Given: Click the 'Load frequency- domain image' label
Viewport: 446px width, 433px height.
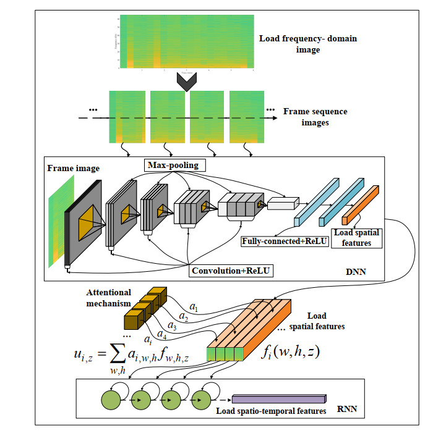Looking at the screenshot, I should tap(308, 44).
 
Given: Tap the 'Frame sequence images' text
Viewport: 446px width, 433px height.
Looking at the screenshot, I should tap(315, 117).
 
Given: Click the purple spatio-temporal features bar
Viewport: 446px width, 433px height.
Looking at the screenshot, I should tap(278, 400).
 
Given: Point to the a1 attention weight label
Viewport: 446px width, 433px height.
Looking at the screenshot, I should tap(193, 306).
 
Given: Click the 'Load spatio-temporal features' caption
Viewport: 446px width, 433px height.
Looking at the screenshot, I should tap(271, 411).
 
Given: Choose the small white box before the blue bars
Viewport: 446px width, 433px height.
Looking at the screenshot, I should tap(281, 204).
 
